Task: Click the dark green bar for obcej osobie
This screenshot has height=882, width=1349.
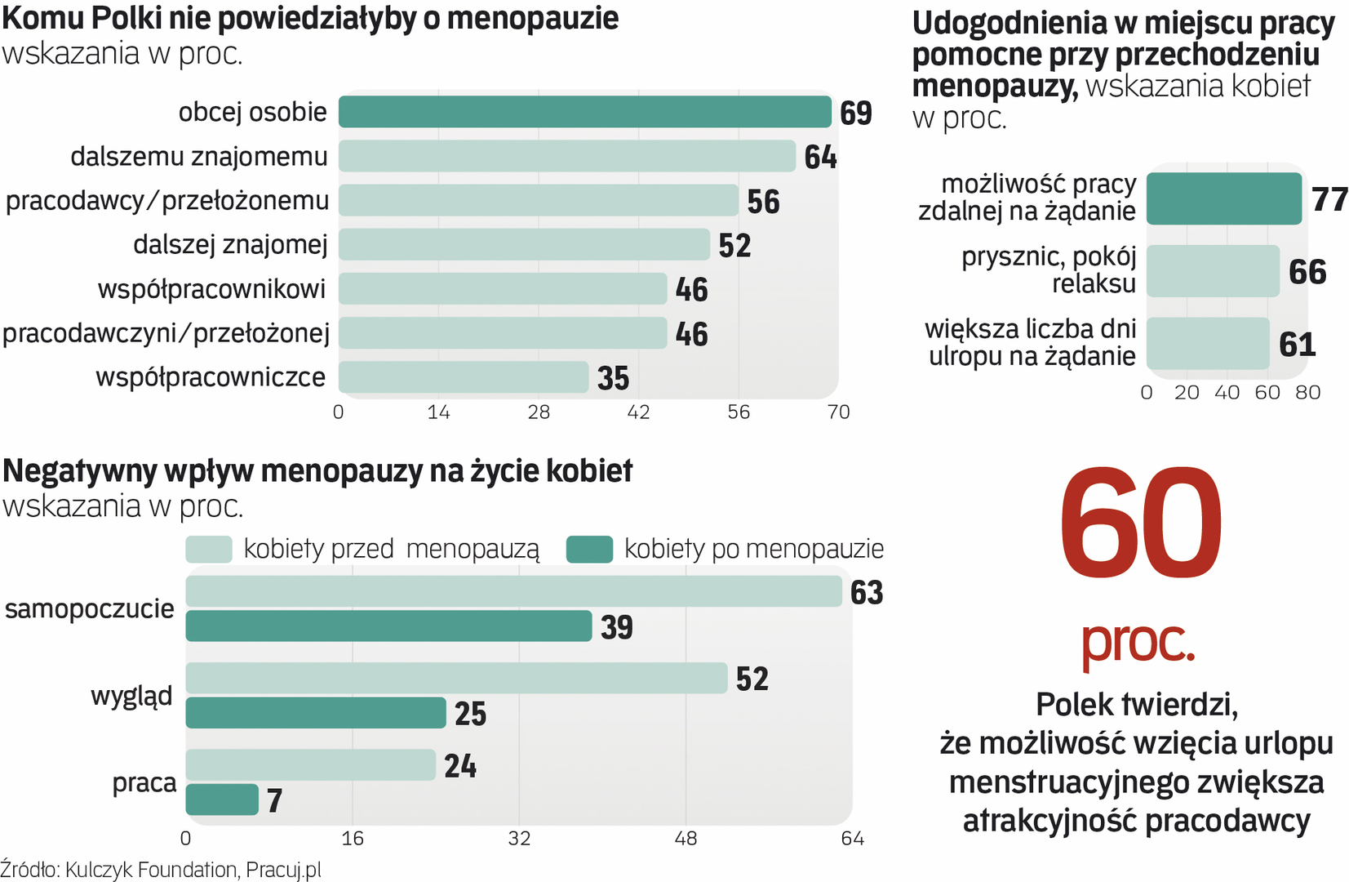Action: tap(584, 112)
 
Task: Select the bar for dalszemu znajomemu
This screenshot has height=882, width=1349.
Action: tap(566, 156)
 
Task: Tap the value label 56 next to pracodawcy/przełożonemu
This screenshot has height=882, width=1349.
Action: tap(763, 202)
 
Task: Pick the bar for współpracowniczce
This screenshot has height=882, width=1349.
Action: tap(463, 377)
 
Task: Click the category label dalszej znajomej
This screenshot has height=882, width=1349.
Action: tap(230, 244)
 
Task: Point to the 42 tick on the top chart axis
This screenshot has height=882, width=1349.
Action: tap(638, 412)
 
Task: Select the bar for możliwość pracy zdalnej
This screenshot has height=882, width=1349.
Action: tap(1223, 198)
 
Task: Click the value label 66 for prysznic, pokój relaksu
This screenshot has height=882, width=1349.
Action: tap(1307, 272)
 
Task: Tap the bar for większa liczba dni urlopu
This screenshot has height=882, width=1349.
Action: tap(1208, 344)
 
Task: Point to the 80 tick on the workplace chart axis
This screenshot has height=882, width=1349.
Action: tap(1307, 393)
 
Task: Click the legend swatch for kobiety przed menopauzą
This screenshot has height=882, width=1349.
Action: tap(209, 549)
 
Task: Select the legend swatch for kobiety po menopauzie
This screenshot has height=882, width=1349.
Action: tap(589, 549)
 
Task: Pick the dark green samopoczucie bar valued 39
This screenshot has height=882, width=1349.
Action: tap(388, 626)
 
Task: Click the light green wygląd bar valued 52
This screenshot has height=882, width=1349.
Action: tap(456, 678)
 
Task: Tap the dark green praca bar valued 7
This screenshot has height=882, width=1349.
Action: tap(222, 800)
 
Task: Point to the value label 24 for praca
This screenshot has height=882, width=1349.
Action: tap(460, 766)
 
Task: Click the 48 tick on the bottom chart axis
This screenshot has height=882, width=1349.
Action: tap(686, 839)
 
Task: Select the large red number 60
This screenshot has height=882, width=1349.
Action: tap(1140, 523)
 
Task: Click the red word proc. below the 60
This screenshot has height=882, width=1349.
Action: tap(1138, 643)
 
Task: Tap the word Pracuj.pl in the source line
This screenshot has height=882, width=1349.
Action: tap(283, 870)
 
